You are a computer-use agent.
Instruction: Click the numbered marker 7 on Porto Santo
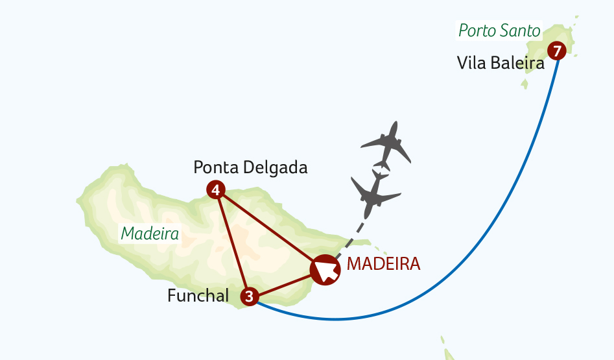pos(557,50)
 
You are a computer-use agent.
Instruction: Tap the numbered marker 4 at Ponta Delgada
pos(215,190)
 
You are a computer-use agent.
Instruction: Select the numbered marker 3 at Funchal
pos(250,297)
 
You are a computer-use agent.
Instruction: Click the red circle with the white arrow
pos(325,269)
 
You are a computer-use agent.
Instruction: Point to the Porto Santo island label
pos(499,30)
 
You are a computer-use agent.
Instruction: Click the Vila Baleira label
pos(500,63)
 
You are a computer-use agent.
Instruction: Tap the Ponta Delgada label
pos(250,167)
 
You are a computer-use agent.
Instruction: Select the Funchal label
pos(198,296)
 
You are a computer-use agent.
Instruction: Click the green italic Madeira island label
pos(150,234)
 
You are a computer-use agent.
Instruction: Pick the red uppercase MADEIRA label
pos(384,264)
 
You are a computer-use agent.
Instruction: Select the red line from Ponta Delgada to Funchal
pos(232,243)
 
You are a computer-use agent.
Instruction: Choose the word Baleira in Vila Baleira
pos(519,63)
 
